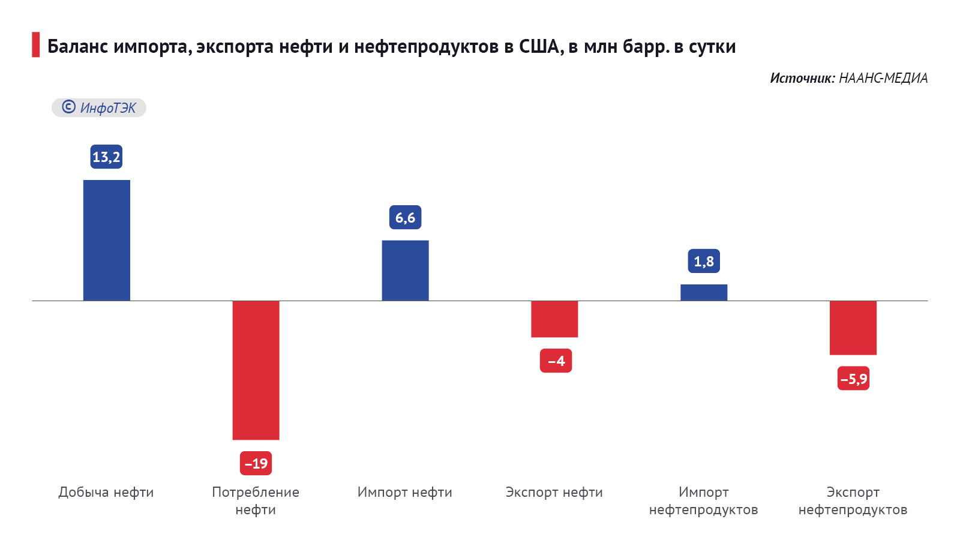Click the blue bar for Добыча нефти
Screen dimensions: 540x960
point(106,240)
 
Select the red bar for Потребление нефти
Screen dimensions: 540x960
point(256,370)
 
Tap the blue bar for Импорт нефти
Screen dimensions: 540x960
point(405,270)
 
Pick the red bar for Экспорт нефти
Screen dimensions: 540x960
point(554,319)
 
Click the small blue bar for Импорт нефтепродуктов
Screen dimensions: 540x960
point(704,292)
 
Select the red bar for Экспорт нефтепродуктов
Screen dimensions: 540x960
point(853,328)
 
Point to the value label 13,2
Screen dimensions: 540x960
point(106,157)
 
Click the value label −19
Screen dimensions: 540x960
point(256,463)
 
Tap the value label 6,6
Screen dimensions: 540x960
point(405,218)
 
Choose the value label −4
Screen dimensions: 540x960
point(556,361)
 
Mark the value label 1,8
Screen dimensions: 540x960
point(704,262)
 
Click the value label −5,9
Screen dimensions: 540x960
point(853,379)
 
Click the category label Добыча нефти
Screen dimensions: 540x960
point(106,493)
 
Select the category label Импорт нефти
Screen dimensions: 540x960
point(405,493)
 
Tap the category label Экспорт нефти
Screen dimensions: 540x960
point(554,493)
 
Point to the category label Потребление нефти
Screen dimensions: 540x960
point(256,500)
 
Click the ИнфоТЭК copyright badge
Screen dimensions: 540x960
point(99,108)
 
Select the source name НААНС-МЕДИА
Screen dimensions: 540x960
point(883,78)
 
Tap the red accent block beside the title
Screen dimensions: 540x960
point(36,45)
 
